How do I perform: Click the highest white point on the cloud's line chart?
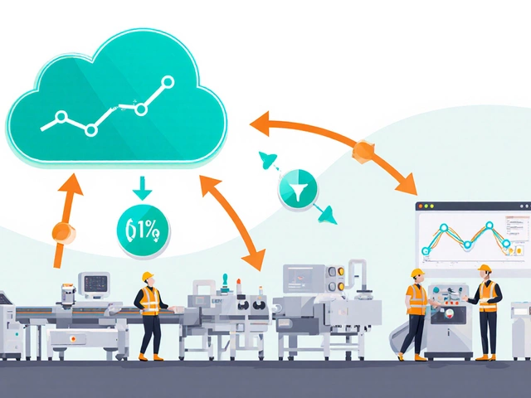click(x=168, y=81)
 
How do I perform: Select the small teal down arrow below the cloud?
click(x=142, y=190)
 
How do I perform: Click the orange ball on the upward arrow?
click(x=59, y=232)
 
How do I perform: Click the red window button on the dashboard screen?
click(x=420, y=206)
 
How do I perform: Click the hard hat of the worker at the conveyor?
click(x=148, y=277)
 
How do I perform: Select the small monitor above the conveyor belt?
click(x=94, y=284)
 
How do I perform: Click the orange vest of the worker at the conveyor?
click(x=149, y=301)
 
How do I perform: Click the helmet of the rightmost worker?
click(x=485, y=269)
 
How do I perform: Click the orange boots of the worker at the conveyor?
click(x=150, y=357)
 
